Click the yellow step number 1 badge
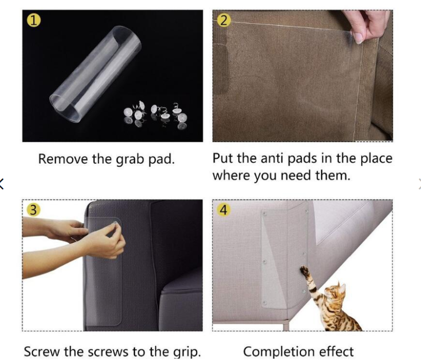coord(34,21)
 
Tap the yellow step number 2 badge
coord(224,21)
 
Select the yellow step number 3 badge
coord(34,210)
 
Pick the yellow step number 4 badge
coord(224,210)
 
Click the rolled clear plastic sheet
coord(95,74)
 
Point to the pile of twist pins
coord(155,115)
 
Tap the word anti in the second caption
coord(272,158)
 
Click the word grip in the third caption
coord(187,352)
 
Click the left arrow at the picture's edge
coord(1,184)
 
